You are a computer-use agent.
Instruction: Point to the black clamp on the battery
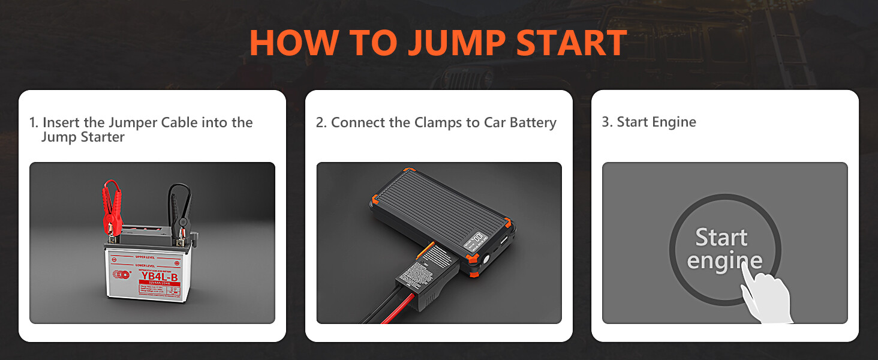coord(179,207)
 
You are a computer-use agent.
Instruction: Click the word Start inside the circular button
coord(721,238)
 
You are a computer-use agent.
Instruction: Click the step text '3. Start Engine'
coord(649,122)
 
